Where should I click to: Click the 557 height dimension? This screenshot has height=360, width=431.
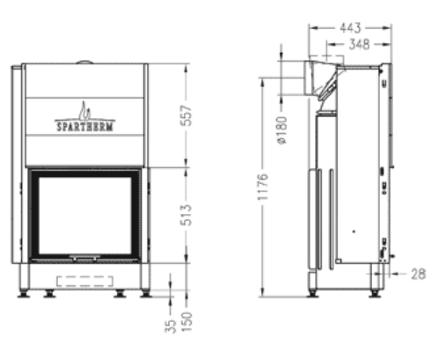click(186, 114)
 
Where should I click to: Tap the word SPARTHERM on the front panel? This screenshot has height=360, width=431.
click(84, 125)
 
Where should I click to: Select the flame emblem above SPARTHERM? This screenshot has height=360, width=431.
click(84, 110)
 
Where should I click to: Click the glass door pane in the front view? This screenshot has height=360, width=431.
click(85, 214)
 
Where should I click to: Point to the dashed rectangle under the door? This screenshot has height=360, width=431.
click(85, 281)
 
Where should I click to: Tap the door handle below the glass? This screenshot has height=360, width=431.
click(85, 259)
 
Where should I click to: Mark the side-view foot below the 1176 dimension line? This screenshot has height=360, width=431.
click(313, 288)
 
